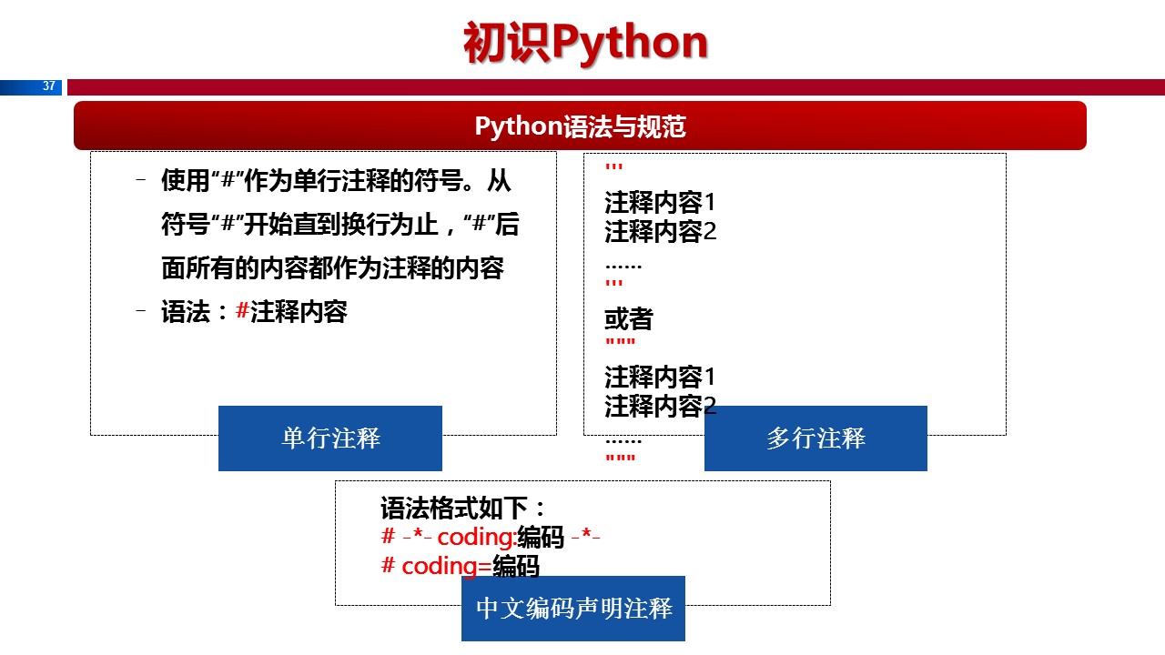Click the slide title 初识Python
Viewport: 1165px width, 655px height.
tap(585, 43)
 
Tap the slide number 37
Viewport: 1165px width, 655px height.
tap(49, 86)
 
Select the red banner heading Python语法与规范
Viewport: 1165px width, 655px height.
tap(580, 126)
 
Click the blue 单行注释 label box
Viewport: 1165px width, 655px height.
tap(330, 438)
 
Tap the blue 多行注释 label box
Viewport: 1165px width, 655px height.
tap(815, 438)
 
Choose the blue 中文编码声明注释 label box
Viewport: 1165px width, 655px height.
tap(573, 609)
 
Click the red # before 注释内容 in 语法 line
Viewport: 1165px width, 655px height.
tap(242, 312)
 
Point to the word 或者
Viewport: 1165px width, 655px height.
tap(629, 319)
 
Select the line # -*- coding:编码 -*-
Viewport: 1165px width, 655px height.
tap(491, 538)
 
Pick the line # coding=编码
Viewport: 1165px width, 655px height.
tap(460, 567)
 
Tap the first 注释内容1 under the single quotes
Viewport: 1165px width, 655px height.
tap(661, 202)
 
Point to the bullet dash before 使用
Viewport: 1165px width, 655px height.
tap(140, 181)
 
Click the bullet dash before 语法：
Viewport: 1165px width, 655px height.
tap(140, 312)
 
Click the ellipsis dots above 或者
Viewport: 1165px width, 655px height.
tap(623, 266)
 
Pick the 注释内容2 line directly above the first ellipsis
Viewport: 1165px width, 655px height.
tap(661, 232)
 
